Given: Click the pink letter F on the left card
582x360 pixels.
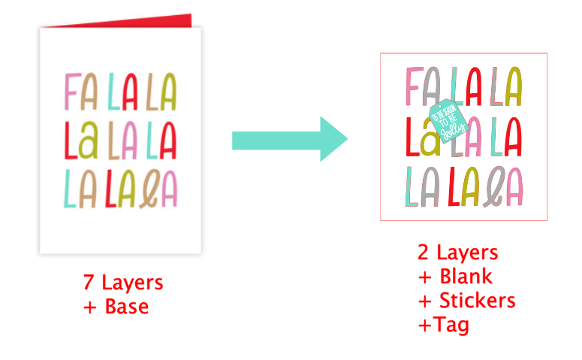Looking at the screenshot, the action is point(72,90).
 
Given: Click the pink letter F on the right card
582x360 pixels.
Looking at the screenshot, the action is point(413,86).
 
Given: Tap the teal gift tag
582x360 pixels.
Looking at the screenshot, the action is point(447,121).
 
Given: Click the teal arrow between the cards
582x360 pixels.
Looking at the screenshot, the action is point(289,139).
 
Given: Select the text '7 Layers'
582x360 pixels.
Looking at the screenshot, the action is point(123,283).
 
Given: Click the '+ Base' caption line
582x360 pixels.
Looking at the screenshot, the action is point(116,307).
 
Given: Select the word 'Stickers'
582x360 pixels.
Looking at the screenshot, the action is point(477,301).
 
